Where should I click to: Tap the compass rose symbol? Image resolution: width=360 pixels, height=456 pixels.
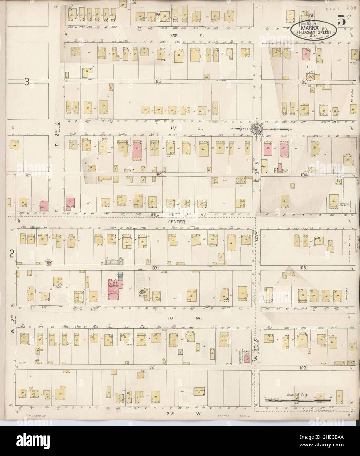click(x=256, y=129)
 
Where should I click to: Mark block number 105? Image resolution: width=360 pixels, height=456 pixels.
click(x=303, y=82)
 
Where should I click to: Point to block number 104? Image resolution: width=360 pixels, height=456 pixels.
click(x=304, y=175)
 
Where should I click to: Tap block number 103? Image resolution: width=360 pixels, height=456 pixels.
click(x=303, y=268)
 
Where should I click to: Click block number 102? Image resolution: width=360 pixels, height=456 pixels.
click(x=302, y=368)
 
